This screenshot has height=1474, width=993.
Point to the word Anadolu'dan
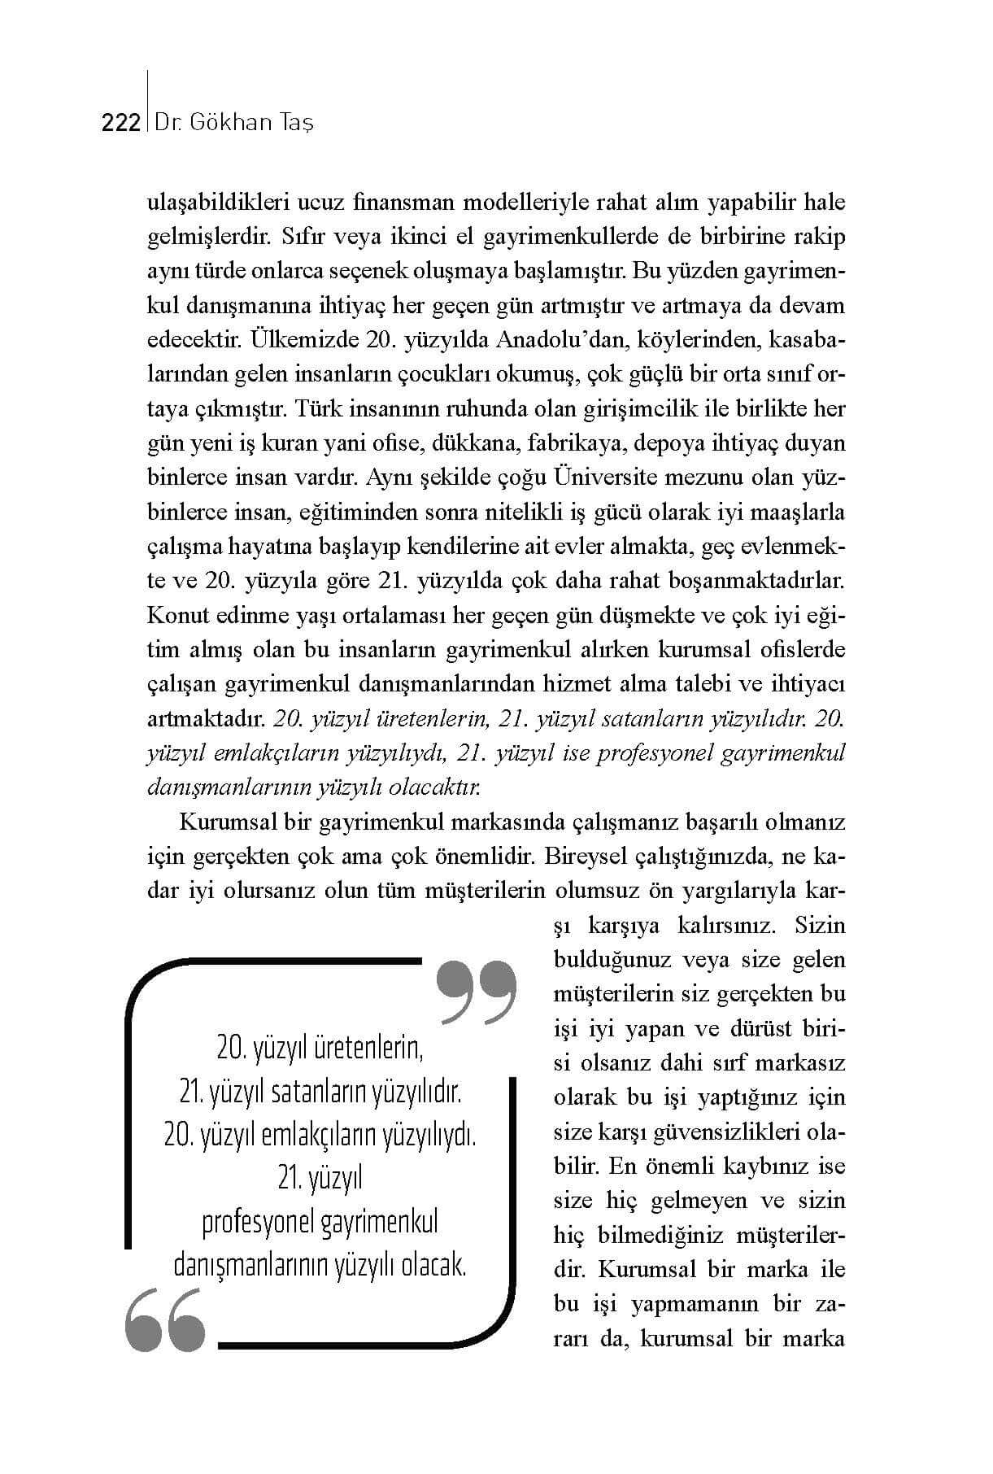coord(567,340)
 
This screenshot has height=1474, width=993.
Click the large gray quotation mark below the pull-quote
coord(165,1319)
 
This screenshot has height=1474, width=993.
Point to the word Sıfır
coord(302,237)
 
